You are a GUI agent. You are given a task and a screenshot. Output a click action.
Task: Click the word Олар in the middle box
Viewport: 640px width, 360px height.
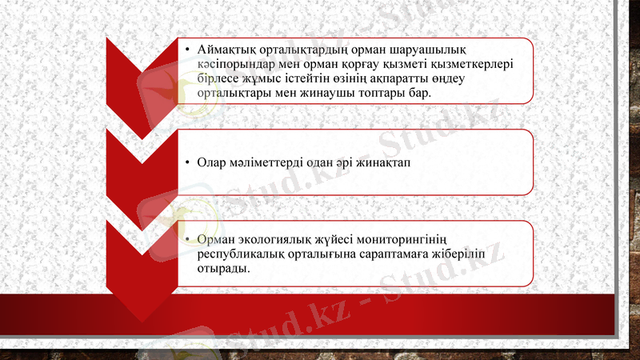[212, 162]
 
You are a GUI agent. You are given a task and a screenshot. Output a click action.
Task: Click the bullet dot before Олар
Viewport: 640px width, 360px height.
[186, 162]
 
